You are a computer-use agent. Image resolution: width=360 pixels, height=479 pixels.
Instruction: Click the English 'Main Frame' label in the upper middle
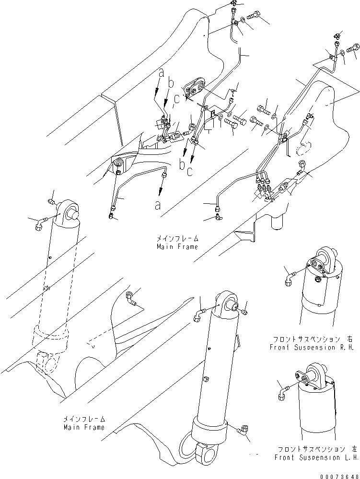coord(177,247)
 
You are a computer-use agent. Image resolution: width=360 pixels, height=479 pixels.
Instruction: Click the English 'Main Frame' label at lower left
coord(83,427)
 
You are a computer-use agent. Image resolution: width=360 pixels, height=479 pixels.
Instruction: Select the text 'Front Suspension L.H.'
coord(316,457)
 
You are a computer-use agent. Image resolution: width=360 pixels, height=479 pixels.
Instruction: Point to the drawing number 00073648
coord(338,474)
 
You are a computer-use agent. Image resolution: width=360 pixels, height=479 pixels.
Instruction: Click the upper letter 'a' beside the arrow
coord(162,73)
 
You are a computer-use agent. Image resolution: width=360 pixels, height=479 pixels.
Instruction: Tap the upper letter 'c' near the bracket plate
coord(177,99)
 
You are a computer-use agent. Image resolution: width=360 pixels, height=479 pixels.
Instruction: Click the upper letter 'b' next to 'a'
coord(171,84)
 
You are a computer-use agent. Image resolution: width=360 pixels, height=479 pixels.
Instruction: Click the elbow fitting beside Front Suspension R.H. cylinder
coord(290,278)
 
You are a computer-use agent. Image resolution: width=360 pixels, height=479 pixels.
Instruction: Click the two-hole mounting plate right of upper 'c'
coord(195,87)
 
